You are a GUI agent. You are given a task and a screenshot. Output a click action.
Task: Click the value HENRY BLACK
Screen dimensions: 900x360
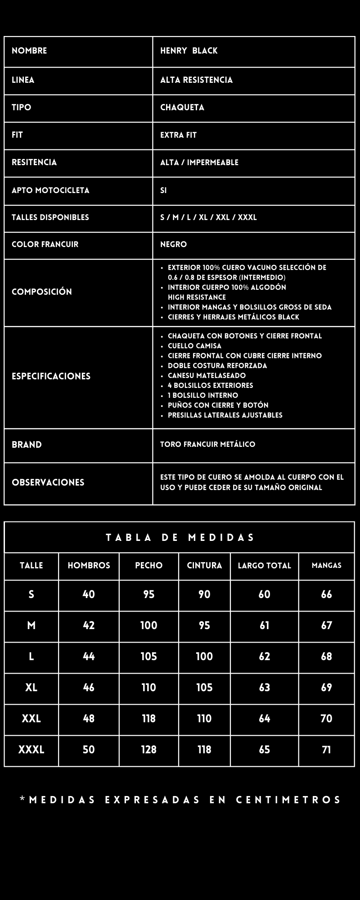(x=189, y=51)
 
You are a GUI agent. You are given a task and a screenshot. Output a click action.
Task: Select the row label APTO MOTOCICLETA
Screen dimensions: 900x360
(x=50, y=190)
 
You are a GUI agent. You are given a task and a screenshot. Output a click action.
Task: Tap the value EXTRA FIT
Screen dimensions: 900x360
(x=178, y=135)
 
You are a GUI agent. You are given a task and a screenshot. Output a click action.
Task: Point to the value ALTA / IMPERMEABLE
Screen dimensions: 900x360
(x=199, y=162)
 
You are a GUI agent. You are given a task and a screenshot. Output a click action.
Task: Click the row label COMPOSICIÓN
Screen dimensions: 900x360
(x=42, y=292)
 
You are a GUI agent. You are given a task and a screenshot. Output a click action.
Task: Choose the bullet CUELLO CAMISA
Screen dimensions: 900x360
(x=194, y=346)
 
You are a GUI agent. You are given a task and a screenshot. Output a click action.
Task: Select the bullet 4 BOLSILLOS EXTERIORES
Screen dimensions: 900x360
(x=210, y=386)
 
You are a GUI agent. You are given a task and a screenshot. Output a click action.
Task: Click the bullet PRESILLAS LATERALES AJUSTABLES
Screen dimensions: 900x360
(x=225, y=415)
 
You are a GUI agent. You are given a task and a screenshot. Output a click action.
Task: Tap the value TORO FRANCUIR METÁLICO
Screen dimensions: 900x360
(x=207, y=445)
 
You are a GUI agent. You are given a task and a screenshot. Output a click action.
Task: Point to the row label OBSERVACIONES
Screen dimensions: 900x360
(x=48, y=482)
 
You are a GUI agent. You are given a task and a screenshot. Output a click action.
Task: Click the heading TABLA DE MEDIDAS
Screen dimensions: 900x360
(x=180, y=538)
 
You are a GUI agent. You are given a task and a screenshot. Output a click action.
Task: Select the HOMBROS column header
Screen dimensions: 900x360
(x=89, y=566)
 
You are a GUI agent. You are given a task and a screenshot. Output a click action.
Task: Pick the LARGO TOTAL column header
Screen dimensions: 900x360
(x=264, y=566)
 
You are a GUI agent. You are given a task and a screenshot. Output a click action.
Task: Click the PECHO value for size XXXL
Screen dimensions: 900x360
(x=148, y=750)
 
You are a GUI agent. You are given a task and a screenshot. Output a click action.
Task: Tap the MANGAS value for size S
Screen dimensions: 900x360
(x=326, y=594)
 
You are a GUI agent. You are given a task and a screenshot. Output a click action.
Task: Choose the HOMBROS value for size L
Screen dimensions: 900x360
(x=89, y=657)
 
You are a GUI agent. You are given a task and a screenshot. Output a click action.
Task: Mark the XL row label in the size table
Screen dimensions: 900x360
(x=31, y=688)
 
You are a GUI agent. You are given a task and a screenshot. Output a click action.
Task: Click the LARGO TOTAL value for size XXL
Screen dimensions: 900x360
(x=264, y=719)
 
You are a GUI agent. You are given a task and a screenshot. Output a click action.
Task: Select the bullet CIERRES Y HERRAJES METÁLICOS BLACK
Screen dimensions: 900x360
(x=233, y=317)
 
